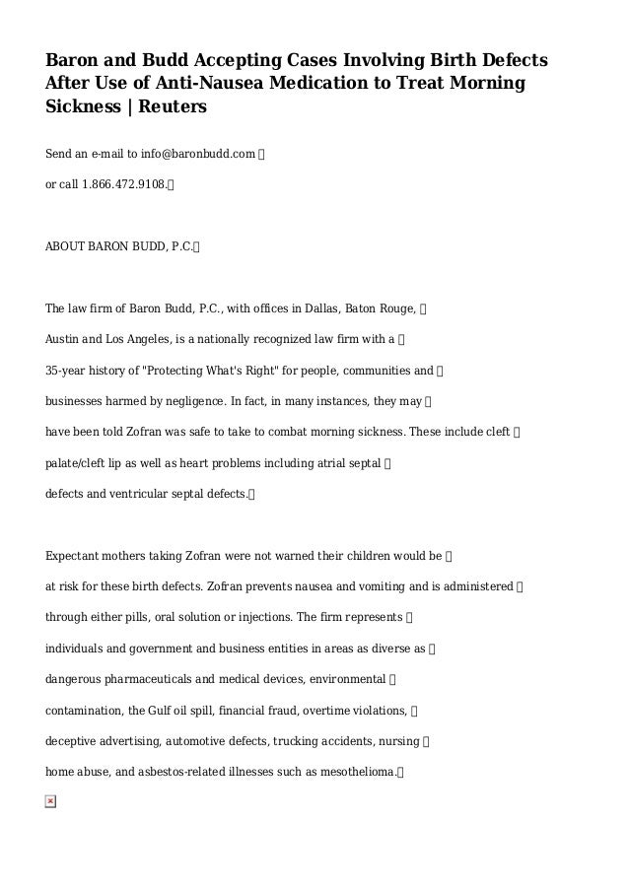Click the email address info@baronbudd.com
coord(197,155)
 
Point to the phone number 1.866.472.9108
coord(123,184)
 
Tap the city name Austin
coord(64,339)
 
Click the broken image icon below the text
coord(51,802)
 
